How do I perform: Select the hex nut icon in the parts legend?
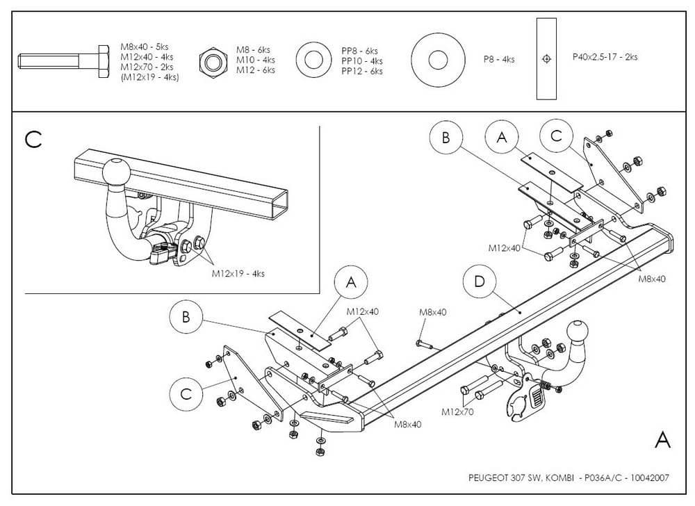pyautogui.click(x=214, y=60)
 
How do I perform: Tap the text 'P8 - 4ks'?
pyautogui.click(x=499, y=60)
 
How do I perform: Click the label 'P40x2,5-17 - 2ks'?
pyautogui.click(x=605, y=57)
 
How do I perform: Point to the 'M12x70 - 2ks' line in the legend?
pyautogui.click(x=147, y=67)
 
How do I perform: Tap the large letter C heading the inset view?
pyautogui.click(x=33, y=139)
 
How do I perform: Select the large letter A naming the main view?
pyautogui.click(x=662, y=439)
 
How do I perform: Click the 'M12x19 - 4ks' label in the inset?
pyautogui.click(x=238, y=274)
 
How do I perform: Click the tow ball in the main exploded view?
pyautogui.click(x=579, y=332)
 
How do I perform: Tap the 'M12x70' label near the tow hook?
pyautogui.click(x=457, y=411)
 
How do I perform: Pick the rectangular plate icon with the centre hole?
pyautogui.click(x=548, y=59)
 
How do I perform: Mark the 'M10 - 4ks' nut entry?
pyautogui.click(x=255, y=60)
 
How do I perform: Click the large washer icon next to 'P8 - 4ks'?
pyautogui.click(x=437, y=60)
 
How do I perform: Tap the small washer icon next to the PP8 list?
pyautogui.click(x=313, y=60)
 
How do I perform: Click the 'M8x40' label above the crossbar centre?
pyautogui.click(x=432, y=312)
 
